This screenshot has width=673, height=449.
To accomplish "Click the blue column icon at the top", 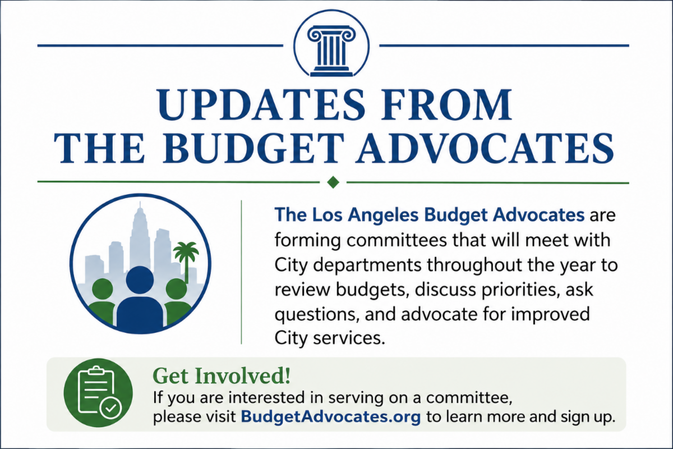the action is [331, 51].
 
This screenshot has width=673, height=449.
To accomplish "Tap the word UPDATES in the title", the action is [260, 104].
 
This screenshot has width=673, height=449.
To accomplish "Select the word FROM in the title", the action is [447, 104].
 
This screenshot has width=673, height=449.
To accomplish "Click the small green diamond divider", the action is [333, 182].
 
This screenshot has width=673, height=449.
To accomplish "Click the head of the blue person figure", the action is [140, 280].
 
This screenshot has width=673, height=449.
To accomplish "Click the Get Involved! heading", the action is [222, 375].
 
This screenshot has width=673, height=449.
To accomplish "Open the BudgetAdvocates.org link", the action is [330, 417].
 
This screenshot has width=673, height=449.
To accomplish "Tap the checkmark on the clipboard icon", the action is [111, 408].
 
